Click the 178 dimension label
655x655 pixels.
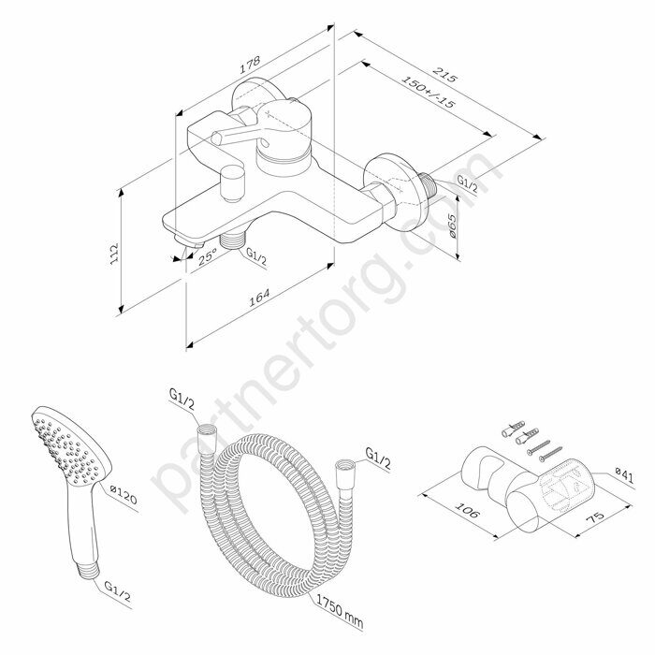[x=248, y=65]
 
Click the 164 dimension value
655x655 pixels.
[x=260, y=296]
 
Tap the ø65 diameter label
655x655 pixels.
[x=451, y=226]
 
